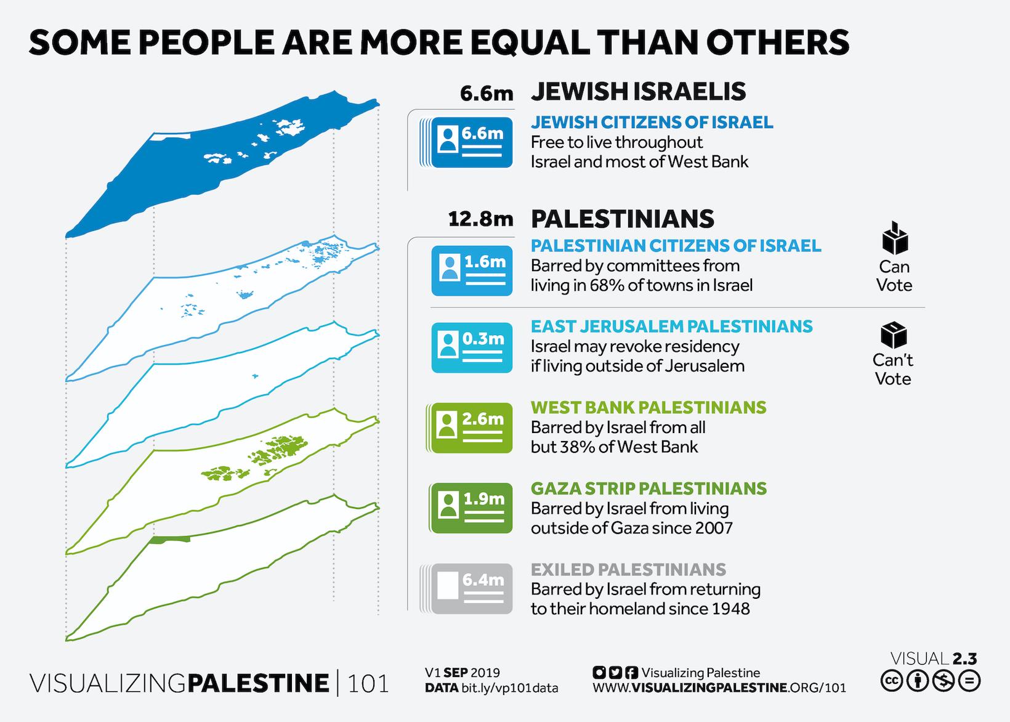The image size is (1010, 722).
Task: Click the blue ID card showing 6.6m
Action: point(471,142)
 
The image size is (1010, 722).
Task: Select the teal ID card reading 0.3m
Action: point(471,348)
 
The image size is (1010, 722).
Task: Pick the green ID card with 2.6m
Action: point(471,428)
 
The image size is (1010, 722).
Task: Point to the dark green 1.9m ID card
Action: point(471,508)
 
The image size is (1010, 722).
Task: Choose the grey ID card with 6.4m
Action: point(471,589)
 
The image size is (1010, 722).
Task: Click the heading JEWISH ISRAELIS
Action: point(638,92)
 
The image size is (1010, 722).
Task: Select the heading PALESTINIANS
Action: point(622,219)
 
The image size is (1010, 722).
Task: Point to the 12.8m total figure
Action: point(480,219)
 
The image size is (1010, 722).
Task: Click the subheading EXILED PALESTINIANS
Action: point(628,569)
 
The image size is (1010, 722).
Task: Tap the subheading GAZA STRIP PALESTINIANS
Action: point(648,489)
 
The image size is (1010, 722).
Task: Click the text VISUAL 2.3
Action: point(934,659)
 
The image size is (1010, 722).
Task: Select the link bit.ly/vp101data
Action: point(509,688)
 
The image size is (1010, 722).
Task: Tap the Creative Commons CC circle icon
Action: point(890,681)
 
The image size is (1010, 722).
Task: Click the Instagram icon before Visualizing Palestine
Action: point(597,673)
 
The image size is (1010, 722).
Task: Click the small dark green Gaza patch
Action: point(169,540)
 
